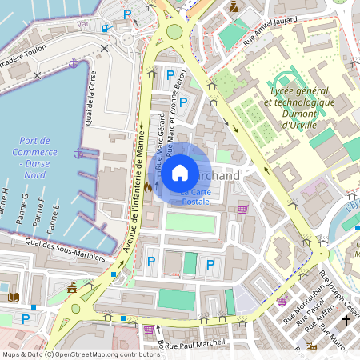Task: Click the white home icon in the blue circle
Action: point(180,171)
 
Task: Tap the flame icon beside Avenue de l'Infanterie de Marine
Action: point(149,185)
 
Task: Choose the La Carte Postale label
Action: point(195,197)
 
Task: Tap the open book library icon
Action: point(13,297)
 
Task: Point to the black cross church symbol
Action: point(346,320)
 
